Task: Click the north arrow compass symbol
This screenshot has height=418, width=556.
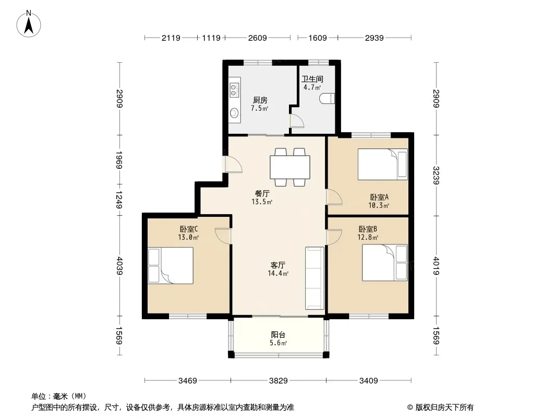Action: pos(29,24)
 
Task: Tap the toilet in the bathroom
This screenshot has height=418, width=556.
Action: pos(327,98)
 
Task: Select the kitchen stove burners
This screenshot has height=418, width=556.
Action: pos(234,89)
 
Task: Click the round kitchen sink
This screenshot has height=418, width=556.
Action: pos(234,113)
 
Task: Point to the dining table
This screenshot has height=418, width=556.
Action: pos(290,167)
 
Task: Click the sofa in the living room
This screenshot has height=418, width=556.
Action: pos(315,278)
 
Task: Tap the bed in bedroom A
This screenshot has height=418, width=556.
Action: pos(383,165)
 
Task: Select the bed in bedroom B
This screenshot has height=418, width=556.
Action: pos(385,262)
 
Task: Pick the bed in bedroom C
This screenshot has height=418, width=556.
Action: pos(171,265)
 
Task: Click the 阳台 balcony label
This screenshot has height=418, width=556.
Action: pos(278,334)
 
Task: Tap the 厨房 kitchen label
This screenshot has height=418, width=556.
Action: pos(260,100)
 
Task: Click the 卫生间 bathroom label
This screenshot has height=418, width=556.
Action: pos(312,79)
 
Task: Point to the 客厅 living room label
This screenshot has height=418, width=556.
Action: pos(278,265)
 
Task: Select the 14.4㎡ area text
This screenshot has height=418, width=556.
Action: pos(278,273)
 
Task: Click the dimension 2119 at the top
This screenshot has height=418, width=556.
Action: pos(171,38)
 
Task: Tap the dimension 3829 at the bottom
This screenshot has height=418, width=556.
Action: pos(279,381)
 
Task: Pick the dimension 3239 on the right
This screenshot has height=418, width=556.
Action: pos(436,176)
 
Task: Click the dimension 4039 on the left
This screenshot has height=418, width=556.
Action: pos(119,265)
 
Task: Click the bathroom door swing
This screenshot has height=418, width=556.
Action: pos(297,120)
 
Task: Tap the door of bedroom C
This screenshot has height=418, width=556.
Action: pos(223,236)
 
